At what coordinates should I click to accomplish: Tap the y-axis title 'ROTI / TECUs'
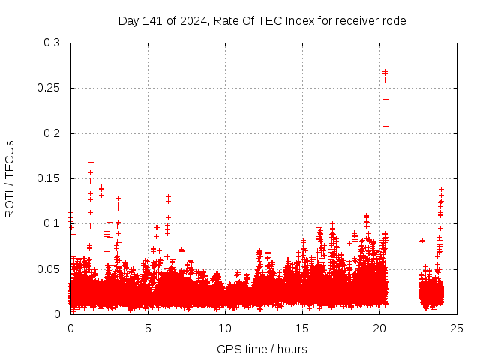tap(10, 178)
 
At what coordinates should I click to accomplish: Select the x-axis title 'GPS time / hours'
tap(262, 349)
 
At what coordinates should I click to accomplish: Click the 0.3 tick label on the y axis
tap(51, 43)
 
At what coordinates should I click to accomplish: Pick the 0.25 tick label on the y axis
tap(48, 88)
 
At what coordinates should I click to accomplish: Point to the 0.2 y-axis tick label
tap(51, 133)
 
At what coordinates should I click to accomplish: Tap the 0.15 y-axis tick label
tap(48, 178)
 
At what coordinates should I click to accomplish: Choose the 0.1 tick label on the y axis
tap(51, 223)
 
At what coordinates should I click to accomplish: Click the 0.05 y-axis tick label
tap(48, 268)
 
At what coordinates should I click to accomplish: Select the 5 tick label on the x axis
tap(148, 328)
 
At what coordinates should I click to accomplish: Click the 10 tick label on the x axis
tap(225, 328)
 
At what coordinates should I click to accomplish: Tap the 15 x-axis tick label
tap(302, 328)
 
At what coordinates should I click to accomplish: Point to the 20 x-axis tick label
tap(379, 328)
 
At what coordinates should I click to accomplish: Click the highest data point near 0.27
tap(385, 73)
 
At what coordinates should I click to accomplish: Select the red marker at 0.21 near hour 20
tap(385, 126)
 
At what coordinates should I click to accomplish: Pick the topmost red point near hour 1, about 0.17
tap(91, 162)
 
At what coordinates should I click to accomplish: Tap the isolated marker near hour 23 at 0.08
tap(422, 241)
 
